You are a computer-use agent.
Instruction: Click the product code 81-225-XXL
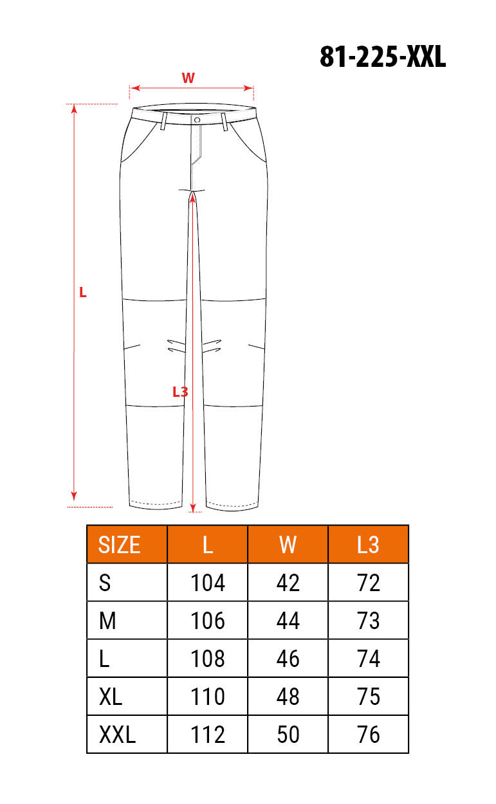pos(383,57)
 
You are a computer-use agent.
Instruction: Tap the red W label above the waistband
pos(188,78)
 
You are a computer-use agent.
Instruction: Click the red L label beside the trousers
pos(82,292)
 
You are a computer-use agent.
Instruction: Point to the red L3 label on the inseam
pos(180,392)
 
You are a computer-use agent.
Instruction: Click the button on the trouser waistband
pos(197,120)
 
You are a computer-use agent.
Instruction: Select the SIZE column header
pos(119,545)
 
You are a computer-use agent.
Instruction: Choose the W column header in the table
pos(288,545)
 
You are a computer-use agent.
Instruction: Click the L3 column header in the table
pos(368,545)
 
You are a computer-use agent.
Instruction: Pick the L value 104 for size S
pos(207,583)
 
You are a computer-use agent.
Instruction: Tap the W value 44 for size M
pos(288,621)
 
